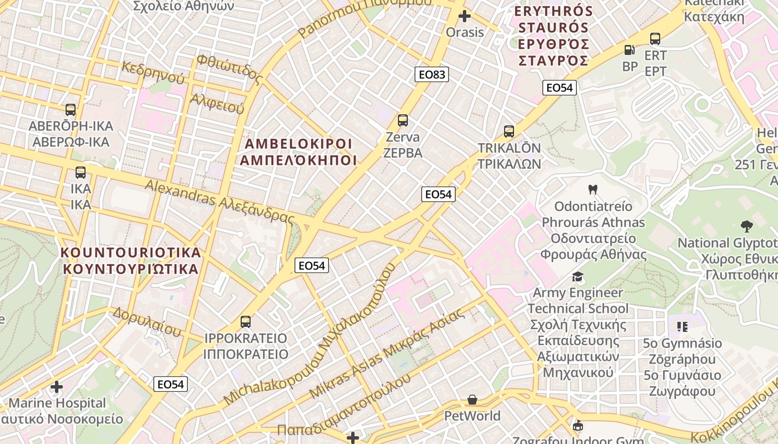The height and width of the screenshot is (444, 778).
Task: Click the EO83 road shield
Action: click(x=431, y=74)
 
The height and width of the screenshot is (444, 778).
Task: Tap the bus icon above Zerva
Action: click(x=403, y=120)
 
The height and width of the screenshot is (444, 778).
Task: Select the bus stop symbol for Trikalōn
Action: click(x=509, y=132)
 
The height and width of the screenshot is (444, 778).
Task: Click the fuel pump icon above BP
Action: click(x=630, y=50)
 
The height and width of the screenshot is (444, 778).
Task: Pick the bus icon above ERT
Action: click(x=655, y=39)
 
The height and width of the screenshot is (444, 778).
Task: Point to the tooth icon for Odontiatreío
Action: click(x=592, y=189)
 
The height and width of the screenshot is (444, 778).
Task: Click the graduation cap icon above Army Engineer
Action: click(x=578, y=276)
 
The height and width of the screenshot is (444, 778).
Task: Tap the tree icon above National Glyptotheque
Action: click(x=746, y=226)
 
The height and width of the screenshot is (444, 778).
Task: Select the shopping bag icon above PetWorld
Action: click(x=472, y=400)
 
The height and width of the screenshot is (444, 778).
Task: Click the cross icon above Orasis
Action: click(x=465, y=16)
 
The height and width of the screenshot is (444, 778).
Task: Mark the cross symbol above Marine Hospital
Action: click(x=57, y=386)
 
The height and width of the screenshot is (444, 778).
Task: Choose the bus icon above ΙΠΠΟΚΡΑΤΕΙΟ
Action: click(x=246, y=321)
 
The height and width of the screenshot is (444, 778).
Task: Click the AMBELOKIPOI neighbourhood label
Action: click(x=298, y=144)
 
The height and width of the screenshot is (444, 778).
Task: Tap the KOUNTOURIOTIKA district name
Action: click(x=131, y=253)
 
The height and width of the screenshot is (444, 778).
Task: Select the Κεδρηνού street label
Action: click(x=153, y=73)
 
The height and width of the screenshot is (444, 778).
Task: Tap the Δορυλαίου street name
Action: click(x=147, y=321)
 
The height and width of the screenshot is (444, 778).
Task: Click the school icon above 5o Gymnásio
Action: click(x=682, y=326)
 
